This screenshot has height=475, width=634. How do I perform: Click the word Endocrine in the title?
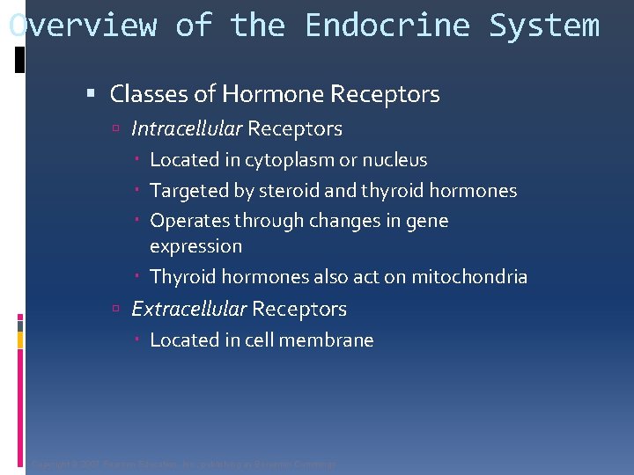click(x=387, y=26)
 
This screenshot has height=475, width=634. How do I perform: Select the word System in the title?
click(x=543, y=26)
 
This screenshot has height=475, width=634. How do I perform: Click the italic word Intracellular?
click(x=186, y=129)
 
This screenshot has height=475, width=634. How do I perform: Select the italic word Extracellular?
click(x=188, y=310)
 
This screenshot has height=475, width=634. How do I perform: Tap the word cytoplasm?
click(x=289, y=161)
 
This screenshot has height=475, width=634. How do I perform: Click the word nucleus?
click(x=394, y=161)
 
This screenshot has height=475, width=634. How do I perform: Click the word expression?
click(x=195, y=246)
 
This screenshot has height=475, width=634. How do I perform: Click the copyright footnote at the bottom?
click(x=183, y=464)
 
